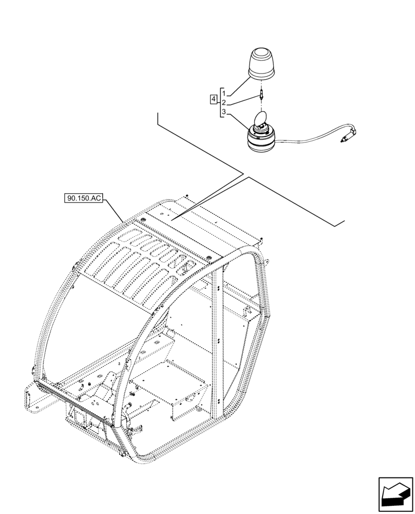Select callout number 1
pos(224,93)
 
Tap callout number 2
pos(224,103)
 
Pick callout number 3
pos(224,112)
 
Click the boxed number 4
pos(213,98)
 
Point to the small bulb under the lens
pos(262,94)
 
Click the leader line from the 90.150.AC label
pos(114,209)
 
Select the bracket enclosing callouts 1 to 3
pos(220,102)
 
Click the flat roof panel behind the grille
pos(205,226)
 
